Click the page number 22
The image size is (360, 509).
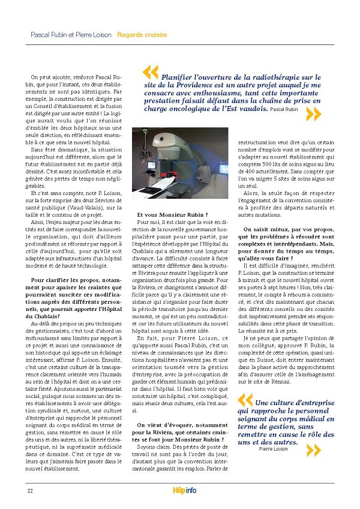click(x=29, y=491)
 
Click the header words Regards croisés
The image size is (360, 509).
click(x=142, y=35)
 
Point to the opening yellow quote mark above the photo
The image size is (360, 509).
click(x=151, y=73)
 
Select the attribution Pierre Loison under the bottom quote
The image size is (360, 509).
click(x=274, y=448)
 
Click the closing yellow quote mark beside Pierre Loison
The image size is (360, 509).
click(x=314, y=450)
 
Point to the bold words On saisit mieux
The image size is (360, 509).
click(x=269, y=229)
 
